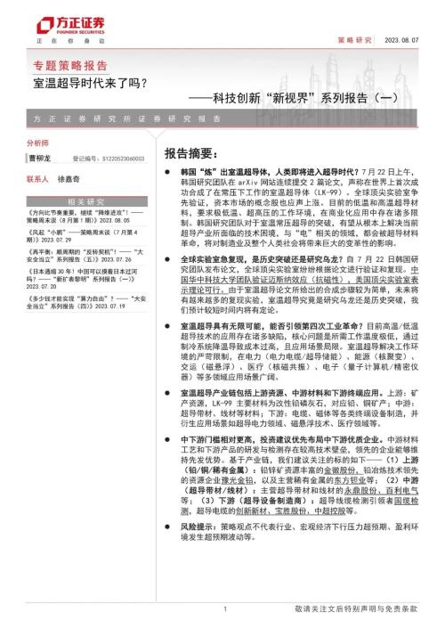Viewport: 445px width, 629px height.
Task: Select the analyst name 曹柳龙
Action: (x=40, y=158)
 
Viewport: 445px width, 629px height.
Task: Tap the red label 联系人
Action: (x=38, y=178)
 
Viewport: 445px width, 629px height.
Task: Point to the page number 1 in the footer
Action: (x=224, y=609)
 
